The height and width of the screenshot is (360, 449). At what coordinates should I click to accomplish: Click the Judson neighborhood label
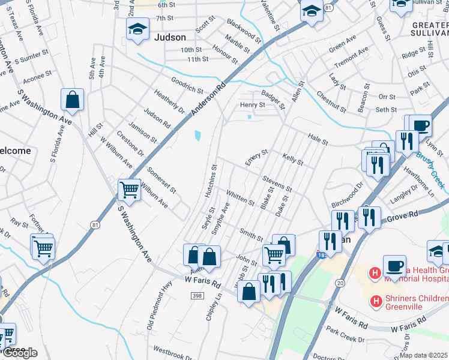point(170,37)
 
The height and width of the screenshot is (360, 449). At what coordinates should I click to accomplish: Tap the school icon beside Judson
point(137,28)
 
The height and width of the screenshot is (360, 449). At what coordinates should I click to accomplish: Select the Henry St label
point(253,105)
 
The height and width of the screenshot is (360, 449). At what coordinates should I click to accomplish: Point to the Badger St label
point(273,100)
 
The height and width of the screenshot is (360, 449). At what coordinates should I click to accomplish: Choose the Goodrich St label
point(187,85)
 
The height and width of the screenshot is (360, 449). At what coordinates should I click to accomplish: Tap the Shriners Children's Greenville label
point(414,302)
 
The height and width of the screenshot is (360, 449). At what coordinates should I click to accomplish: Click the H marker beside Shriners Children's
point(376,300)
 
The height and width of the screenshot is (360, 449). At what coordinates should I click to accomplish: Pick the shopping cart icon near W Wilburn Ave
point(129,190)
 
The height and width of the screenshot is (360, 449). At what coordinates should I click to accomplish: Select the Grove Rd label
point(405,217)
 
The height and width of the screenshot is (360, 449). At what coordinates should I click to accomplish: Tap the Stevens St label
point(277,184)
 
